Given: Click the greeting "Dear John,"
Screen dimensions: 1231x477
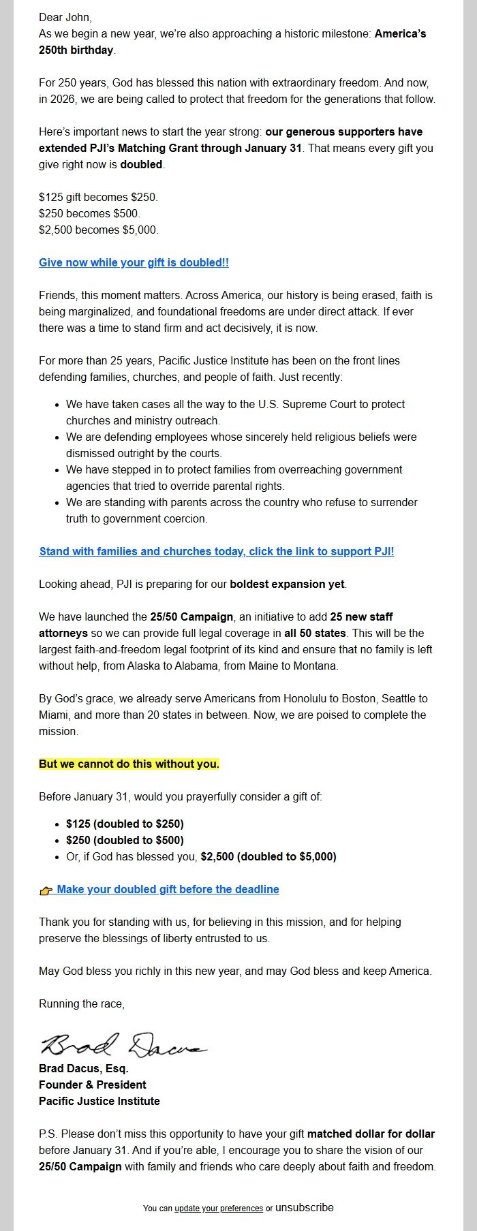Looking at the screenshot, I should click(65, 17).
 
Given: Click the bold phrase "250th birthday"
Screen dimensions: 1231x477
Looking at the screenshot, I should click(76, 50).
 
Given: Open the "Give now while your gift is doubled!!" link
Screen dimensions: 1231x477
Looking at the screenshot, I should click(134, 262).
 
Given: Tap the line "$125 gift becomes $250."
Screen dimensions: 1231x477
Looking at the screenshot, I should click(98, 197).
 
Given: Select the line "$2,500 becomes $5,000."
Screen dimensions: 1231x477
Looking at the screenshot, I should click(98, 230).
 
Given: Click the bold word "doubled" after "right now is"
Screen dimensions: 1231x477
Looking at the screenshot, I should click(141, 164).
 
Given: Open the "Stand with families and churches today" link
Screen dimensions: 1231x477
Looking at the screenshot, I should click(217, 551).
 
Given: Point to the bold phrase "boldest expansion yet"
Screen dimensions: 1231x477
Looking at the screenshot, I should click(288, 584).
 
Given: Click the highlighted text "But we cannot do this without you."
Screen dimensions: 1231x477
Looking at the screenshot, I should click(129, 764).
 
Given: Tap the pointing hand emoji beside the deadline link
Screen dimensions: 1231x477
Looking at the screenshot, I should click(46, 890).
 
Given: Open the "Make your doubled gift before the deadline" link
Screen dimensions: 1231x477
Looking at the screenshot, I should click(168, 889).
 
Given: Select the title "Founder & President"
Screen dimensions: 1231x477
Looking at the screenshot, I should click(93, 1085).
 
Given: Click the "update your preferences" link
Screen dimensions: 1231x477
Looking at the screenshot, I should click(219, 1208).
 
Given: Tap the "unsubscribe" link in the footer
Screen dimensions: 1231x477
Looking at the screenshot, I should click(305, 1207).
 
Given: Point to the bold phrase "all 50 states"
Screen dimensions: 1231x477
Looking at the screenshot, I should click(316, 633).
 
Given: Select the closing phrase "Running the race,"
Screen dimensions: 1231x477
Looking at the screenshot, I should click(82, 1003).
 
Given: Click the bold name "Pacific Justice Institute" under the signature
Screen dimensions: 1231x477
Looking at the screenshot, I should click(99, 1101).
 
